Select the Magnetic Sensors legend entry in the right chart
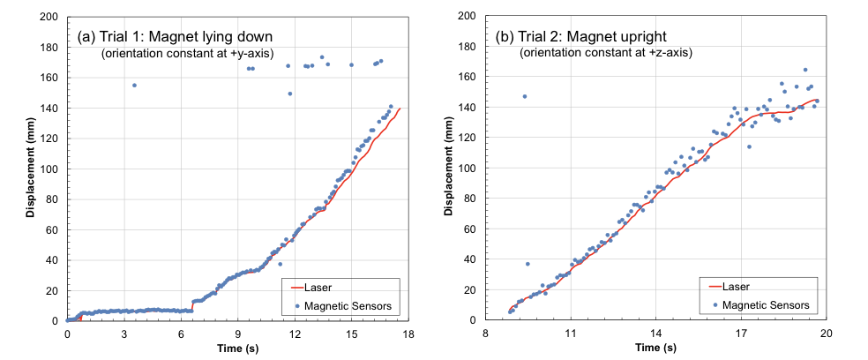[764, 304]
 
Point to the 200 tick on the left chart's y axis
[50, 17]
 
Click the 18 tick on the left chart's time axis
[408, 334]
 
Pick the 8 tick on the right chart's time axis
[486, 334]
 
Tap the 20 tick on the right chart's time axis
[827, 334]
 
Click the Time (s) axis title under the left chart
[238, 349]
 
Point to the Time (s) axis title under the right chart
[656, 349]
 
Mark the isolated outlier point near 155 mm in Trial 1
[134, 85]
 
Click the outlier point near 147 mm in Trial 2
[524, 96]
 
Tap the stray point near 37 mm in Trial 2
[528, 264]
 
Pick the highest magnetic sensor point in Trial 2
[804, 70]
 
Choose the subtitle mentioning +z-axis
[606, 53]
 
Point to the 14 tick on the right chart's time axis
[656, 334]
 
